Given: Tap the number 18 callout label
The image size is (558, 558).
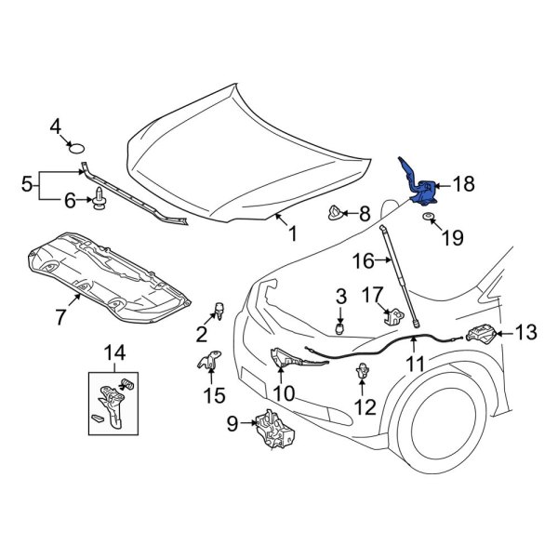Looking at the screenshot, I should click(462, 186).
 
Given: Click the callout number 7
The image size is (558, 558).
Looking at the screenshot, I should click(61, 317).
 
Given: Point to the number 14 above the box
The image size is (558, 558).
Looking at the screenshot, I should click(114, 352).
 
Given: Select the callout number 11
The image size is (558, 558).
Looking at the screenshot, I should click(414, 365).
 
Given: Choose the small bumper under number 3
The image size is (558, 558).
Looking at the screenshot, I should click(340, 327).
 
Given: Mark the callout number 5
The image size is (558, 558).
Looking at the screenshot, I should click(27, 186).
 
